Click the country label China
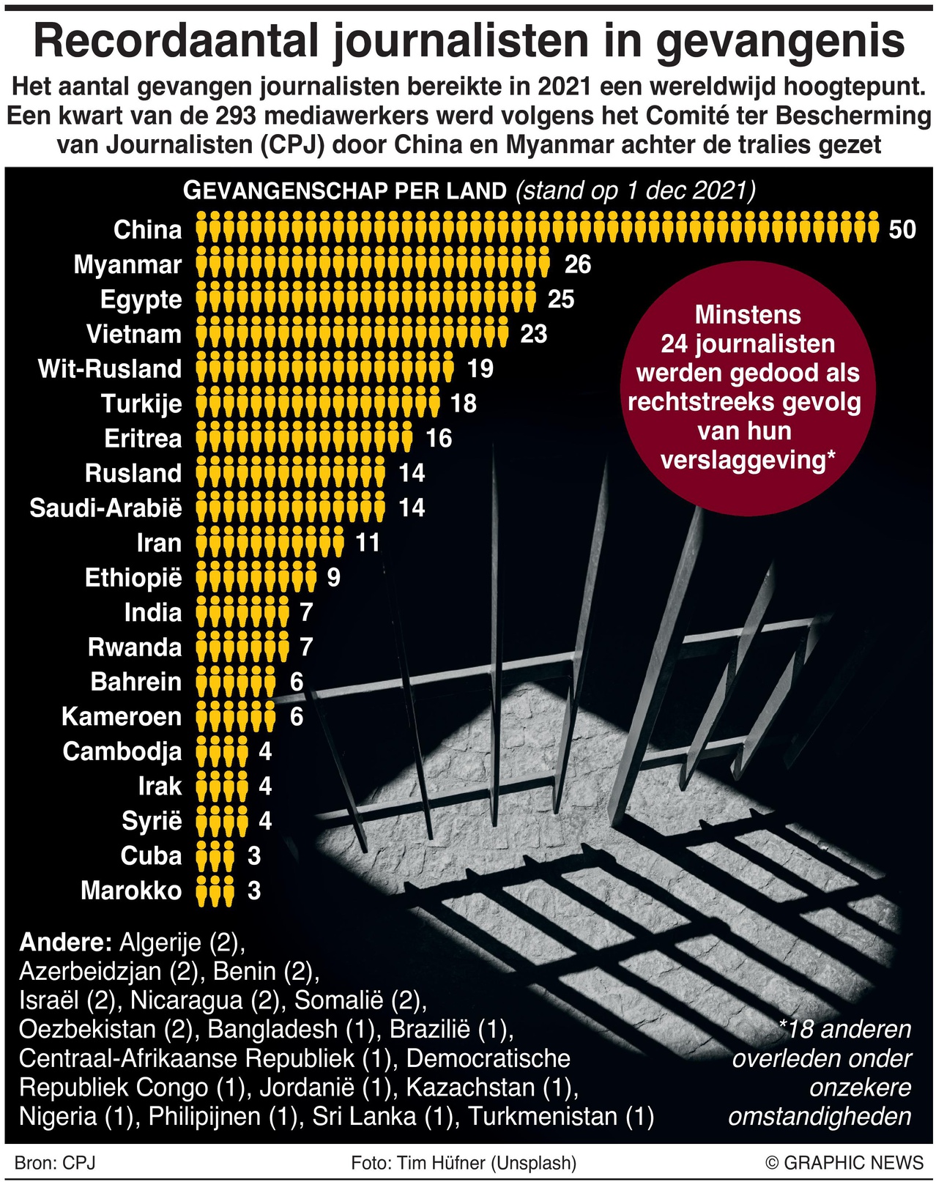pos(147,230)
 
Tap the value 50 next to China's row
pos(902,230)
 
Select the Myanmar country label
pos(127,264)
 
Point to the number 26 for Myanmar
pos(577,264)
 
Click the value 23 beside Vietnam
pos(533,334)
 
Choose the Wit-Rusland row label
pos(110,368)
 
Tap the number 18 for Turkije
pos(463,404)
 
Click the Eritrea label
pos(143,439)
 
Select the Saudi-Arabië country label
pos(105,508)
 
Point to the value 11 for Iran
pos(367,543)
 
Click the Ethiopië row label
pos(133,578)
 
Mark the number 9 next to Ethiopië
pos(333,578)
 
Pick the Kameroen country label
pos(122,716)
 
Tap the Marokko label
pos(131,891)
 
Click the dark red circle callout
pos(743,388)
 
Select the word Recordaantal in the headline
pos(175,42)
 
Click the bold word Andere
pos(65,942)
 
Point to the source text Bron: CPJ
pos(55,1162)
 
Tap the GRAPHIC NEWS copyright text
pos(844,1162)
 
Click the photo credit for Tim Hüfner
pos(464,1162)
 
